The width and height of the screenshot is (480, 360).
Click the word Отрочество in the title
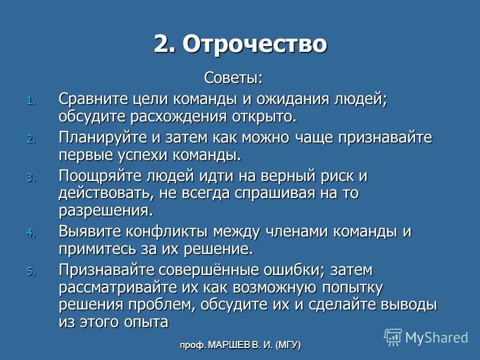[x=254, y=44]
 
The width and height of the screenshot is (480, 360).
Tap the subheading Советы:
[x=233, y=78]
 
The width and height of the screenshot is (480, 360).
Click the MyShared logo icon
[x=392, y=337]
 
